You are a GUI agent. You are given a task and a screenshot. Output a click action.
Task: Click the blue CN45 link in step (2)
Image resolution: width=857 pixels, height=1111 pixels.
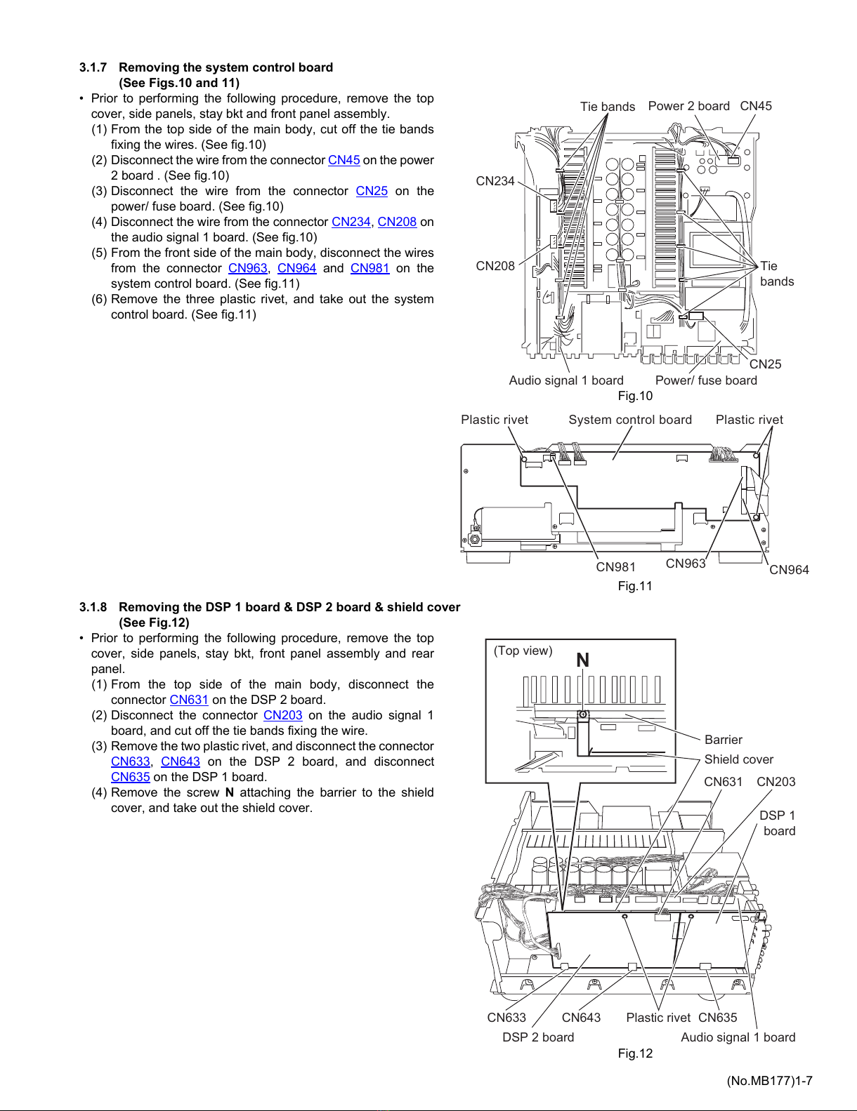(344, 160)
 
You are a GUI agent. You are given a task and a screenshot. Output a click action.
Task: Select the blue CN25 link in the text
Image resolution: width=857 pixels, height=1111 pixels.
(372, 191)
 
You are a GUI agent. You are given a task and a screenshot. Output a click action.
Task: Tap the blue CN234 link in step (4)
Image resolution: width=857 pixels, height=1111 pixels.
(351, 222)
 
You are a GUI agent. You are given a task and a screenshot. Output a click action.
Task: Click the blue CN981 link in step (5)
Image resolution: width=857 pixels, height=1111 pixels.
(370, 268)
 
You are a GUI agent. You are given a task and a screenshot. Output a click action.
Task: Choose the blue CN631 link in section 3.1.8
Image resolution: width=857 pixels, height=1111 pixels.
(189, 700)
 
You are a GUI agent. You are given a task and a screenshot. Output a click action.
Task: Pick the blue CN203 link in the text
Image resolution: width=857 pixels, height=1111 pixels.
(283, 714)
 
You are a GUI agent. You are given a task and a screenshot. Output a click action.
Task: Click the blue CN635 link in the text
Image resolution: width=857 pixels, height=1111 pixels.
(131, 777)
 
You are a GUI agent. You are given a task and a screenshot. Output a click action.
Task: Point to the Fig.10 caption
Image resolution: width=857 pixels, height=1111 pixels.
(635, 396)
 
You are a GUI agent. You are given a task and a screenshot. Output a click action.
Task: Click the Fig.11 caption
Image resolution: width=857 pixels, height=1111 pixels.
(635, 586)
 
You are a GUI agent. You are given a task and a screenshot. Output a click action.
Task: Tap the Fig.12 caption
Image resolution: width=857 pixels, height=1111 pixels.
(635, 1053)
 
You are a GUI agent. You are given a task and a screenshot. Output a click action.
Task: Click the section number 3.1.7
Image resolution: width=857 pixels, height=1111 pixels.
(93, 67)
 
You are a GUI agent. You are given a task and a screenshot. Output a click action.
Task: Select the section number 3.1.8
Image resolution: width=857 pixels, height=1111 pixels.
(93, 607)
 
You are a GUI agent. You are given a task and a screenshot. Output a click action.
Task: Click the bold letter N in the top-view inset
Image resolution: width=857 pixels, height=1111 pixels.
(583, 660)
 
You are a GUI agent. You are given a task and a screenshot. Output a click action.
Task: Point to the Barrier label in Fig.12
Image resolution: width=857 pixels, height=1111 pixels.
(723, 739)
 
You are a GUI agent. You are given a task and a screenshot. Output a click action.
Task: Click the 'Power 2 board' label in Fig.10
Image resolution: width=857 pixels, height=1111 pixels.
(688, 106)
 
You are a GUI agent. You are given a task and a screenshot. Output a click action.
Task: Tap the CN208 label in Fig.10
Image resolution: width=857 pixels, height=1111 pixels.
(495, 266)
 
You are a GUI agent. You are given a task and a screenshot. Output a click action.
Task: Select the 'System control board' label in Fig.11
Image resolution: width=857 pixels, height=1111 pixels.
(630, 420)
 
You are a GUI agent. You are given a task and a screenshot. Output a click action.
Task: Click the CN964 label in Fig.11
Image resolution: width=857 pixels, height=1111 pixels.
(789, 570)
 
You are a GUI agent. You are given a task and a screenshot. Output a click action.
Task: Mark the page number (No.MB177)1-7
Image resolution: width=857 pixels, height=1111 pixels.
(769, 1081)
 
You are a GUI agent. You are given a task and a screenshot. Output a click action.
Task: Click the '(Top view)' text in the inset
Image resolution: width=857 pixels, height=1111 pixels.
(523, 651)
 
